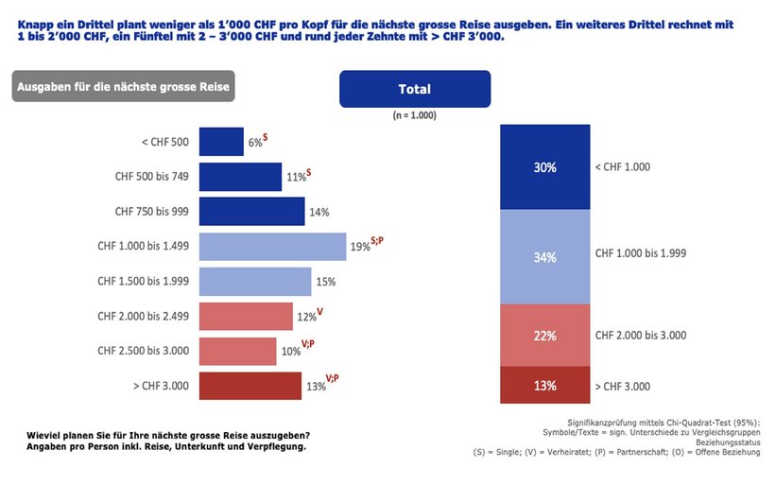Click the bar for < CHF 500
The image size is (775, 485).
pyautogui.click(x=221, y=142)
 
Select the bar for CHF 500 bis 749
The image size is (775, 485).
pyautogui.click(x=240, y=177)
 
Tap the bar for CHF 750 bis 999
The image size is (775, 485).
pyautogui.click(x=251, y=212)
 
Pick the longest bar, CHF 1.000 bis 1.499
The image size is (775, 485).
pyautogui.click(x=272, y=247)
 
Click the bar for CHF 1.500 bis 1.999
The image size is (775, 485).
pyautogui.click(x=255, y=282)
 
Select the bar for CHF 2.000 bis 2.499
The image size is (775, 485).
pyautogui.click(x=246, y=317)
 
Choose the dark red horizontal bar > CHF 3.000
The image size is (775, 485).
pyautogui.click(x=250, y=386)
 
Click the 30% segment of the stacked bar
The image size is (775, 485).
pyautogui.click(x=544, y=167)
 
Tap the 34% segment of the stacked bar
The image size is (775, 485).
pyautogui.click(x=544, y=256)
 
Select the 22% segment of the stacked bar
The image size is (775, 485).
pyautogui.click(x=544, y=335)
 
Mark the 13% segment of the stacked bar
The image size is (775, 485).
pyautogui.click(x=544, y=385)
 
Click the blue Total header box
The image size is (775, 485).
pyautogui.click(x=415, y=90)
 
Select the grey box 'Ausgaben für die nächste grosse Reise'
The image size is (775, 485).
pyautogui.click(x=122, y=87)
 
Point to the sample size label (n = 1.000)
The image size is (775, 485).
pyautogui.click(x=415, y=115)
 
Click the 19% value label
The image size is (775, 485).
pyautogui.click(x=359, y=247)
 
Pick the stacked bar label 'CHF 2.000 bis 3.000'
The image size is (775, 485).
pyautogui.click(x=640, y=335)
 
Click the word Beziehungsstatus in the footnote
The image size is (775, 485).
pyautogui.click(x=727, y=442)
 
